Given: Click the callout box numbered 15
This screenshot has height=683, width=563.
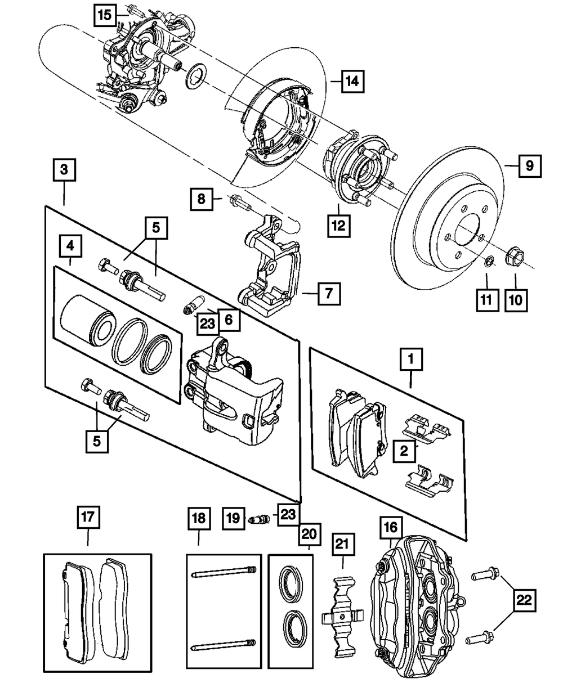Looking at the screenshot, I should click(x=106, y=15).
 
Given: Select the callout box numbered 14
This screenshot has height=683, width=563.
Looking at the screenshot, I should click(x=352, y=82).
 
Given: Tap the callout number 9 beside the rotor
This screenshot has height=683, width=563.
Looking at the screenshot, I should click(x=529, y=166).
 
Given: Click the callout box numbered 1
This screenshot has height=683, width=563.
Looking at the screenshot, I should click(x=412, y=358).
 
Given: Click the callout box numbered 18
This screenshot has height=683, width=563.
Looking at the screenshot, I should click(x=199, y=518).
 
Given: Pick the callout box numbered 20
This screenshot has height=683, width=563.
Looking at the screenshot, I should click(x=310, y=532).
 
